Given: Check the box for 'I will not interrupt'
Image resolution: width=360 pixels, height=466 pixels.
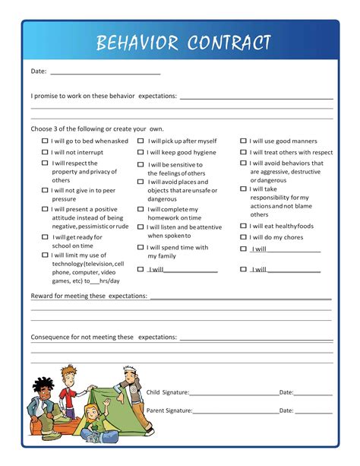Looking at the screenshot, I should [44, 152].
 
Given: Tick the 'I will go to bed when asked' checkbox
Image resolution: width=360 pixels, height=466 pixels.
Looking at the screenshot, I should [44, 141].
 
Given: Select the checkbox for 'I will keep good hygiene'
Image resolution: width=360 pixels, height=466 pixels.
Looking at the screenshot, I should [141, 152].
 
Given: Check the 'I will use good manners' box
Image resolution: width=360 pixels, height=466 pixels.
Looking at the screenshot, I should [243, 141].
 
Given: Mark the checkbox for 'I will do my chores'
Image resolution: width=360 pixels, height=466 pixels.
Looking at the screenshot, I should [243, 237].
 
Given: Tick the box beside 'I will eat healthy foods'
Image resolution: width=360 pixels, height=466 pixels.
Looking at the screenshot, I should [243, 226].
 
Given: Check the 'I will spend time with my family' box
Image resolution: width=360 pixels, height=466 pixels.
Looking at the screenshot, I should [141, 247].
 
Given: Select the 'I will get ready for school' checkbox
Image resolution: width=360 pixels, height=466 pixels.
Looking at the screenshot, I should [44, 237].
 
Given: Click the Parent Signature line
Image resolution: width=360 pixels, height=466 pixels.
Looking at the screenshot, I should [236, 412].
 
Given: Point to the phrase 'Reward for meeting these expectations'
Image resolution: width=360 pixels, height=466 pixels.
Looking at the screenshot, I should [89, 295].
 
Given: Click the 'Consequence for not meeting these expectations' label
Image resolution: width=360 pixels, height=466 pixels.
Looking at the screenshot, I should [103, 337].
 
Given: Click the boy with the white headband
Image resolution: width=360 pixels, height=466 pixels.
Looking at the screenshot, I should [131, 395].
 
